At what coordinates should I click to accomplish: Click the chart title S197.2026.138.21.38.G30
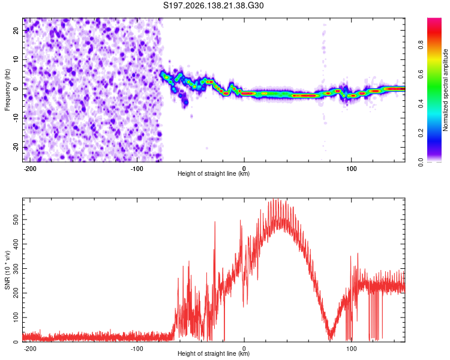(213, 5)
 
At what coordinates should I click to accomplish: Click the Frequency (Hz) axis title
(7, 90)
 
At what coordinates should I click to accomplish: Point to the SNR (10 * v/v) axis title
(7, 270)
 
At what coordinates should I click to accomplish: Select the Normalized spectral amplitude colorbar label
(445, 90)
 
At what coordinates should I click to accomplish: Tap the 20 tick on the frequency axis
(16, 30)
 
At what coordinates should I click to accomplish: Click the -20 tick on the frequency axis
(16, 148)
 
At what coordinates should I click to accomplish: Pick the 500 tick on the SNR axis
(16, 220)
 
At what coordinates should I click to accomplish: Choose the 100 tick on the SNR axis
(16, 317)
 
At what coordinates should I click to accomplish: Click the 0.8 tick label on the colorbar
(421, 45)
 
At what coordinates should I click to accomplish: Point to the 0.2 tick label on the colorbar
(421, 133)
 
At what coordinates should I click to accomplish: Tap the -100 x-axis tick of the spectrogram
(137, 169)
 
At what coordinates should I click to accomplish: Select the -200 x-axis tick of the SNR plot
(29, 349)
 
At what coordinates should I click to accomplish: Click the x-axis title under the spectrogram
(214, 173)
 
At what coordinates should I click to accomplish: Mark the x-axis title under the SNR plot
(214, 353)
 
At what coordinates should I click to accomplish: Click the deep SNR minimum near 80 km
(331, 338)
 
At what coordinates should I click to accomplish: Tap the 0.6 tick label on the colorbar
(421, 74)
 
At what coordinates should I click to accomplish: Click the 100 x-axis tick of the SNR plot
(351, 349)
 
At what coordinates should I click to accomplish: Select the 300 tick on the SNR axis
(16, 269)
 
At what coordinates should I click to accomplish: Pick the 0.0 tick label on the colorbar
(421, 163)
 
